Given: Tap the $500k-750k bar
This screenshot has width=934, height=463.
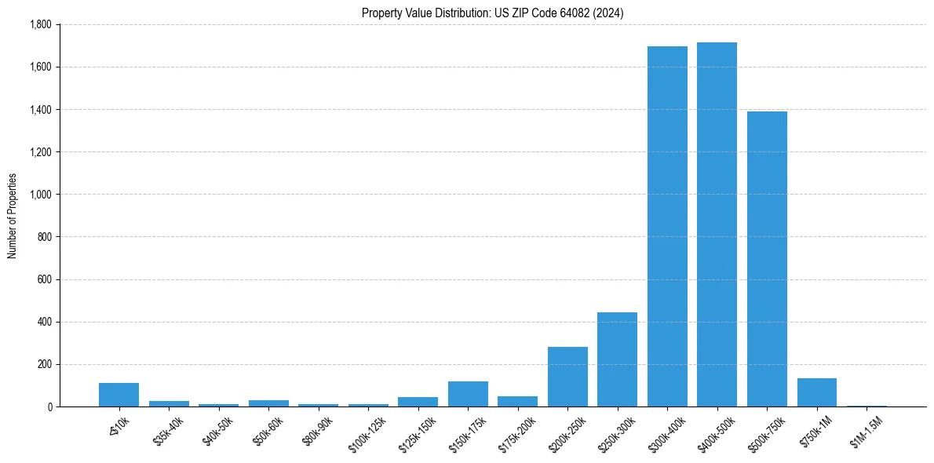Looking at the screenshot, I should click(x=767, y=259).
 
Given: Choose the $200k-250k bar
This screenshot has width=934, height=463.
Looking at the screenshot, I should click(x=567, y=377).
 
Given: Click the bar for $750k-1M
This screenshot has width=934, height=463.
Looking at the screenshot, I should click(x=816, y=392).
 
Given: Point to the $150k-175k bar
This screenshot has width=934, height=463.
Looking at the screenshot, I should click(x=468, y=394).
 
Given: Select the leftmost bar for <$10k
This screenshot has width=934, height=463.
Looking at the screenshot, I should click(x=119, y=395).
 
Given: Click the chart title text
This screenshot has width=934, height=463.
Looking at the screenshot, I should click(x=492, y=13).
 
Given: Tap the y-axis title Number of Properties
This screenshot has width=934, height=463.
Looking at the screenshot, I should click(x=13, y=216).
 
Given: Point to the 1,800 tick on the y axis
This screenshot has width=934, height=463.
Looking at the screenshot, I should click(x=40, y=24).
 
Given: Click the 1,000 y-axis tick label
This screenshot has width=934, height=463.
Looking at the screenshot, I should click(x=40, y=195).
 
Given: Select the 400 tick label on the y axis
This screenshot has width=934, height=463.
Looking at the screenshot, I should click(x=45, y=322).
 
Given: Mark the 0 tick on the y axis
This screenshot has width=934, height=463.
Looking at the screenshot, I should click(x=49, y=406).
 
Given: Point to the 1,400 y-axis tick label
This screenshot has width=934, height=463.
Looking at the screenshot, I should click(x=40, y=109).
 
